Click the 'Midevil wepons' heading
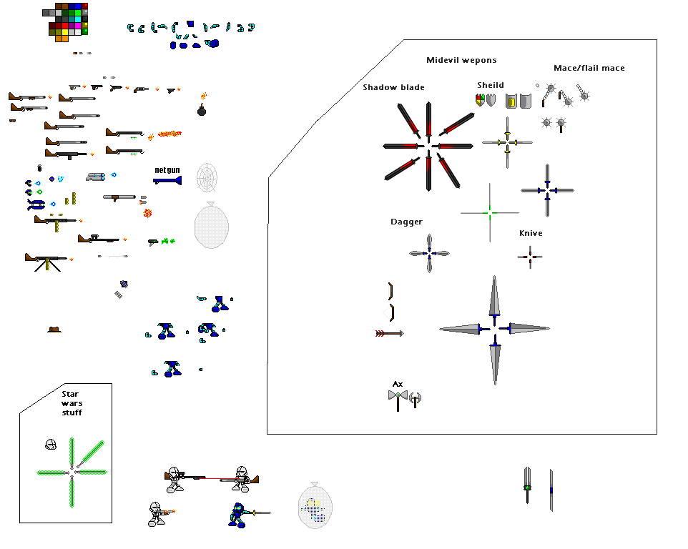pyautogui.click(x=461, y=60)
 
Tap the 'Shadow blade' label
pyautogui.click(x=393, y=87)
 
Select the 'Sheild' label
pyautogui.click(x=491, y=85)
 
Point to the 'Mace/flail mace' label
pyautogui.click(x=589, y=68)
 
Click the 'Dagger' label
pyautogui.click(x=406, y=222)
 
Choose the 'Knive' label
pyautogui.click(x=531, y=233)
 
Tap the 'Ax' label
pyautogui.click(x=398, y=384)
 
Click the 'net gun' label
pyautogui.click(x=167, y=169)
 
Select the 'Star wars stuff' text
pyautogui.click(x=72, y=403)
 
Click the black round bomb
pyautogui.click(x=202, y=110)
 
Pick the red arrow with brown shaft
pyautogui.click(x=389, y=333)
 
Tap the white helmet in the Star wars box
pyautogui.click(x=51, y=445)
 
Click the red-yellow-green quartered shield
pyautogui.click(x=481, y=100)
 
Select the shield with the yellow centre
pyautogui.click(x=511, y=102)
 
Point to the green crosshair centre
pyautogui.click(x=489, y=212)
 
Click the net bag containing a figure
pyautogui.click(x=316, y=506)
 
